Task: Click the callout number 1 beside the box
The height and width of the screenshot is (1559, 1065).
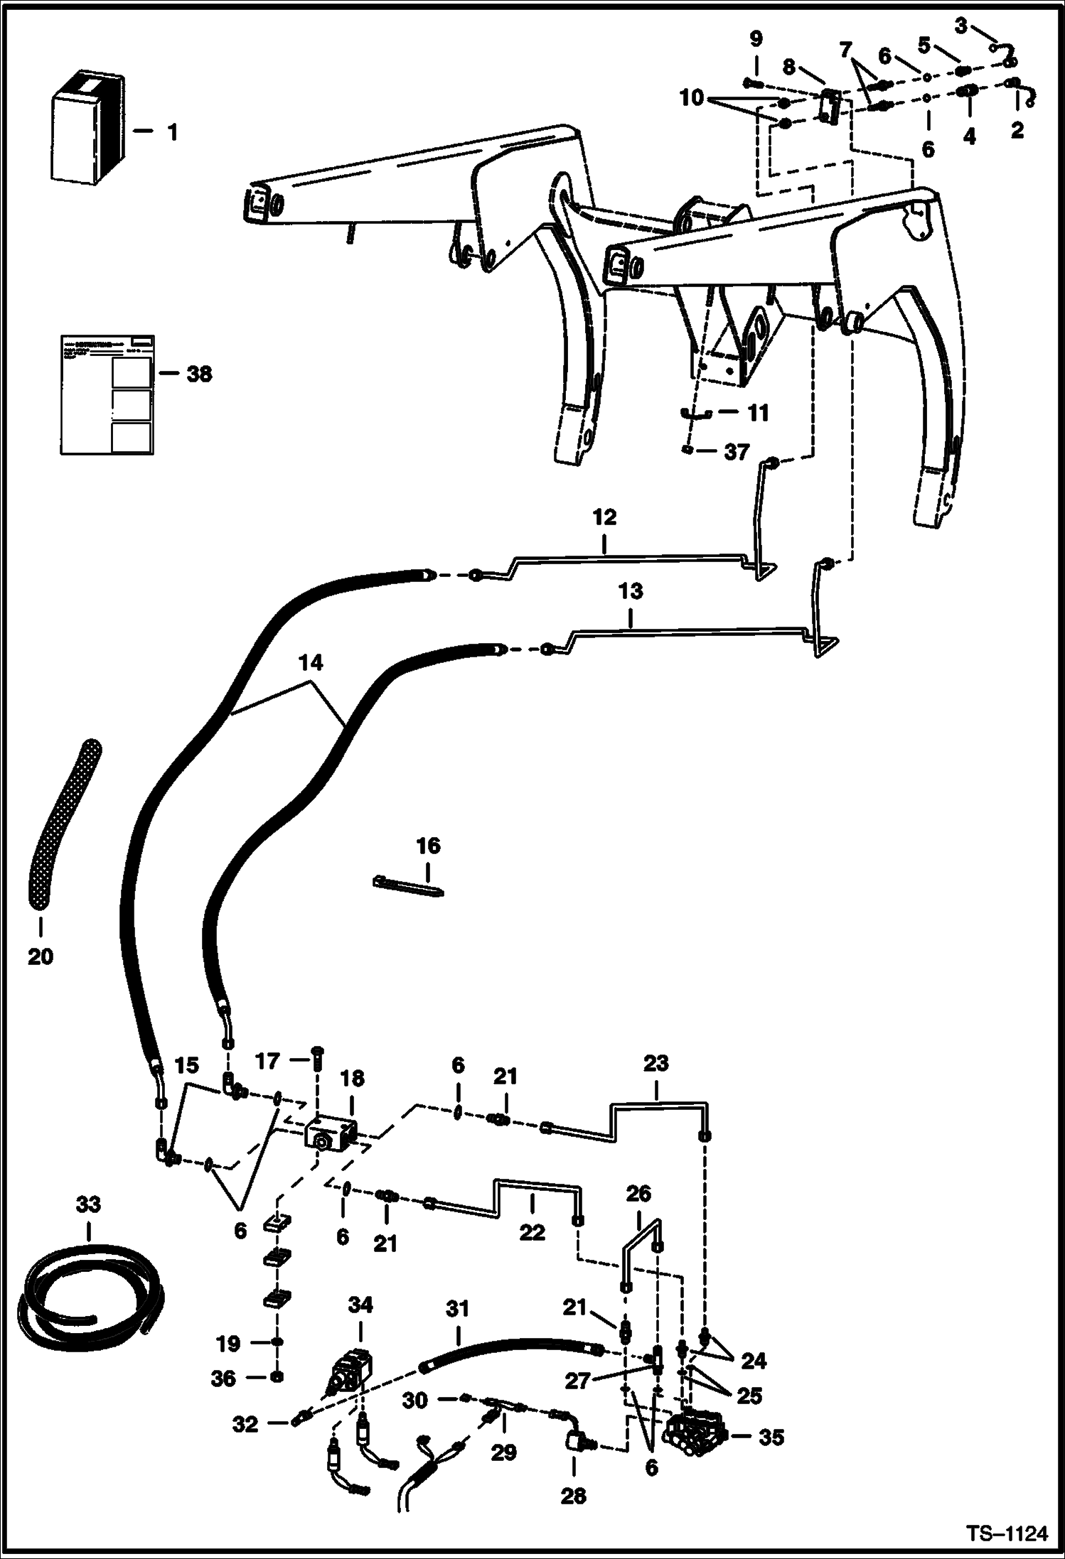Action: tap(172, 132)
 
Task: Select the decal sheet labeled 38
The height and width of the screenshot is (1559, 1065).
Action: tap(107, 394)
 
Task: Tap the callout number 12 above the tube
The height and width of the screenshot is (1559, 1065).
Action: tap(604, 517)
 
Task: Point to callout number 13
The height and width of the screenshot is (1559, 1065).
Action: tap(630, 591)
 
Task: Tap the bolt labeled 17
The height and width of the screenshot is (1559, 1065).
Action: tap(316, 1066)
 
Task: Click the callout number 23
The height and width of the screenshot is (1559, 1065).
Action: tap(655, 1064)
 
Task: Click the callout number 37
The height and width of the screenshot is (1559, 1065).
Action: tap(737, 452)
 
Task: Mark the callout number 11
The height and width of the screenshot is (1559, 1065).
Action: tap(758, 412)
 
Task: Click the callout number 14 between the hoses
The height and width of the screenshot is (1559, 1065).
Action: tap(311, 662)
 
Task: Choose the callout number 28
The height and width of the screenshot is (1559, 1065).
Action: tap(573, 1496)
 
